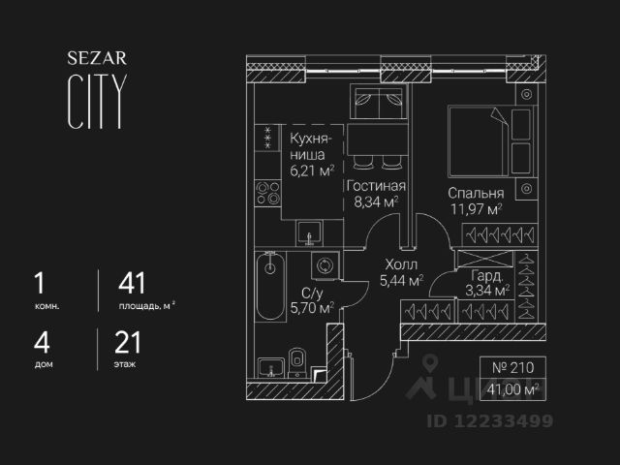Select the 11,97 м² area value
point(474,208)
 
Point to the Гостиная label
point(377,186)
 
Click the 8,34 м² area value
point(377,201)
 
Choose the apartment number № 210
point(513,369)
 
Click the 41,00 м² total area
point(513,389)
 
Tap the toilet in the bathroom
point(298,361)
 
